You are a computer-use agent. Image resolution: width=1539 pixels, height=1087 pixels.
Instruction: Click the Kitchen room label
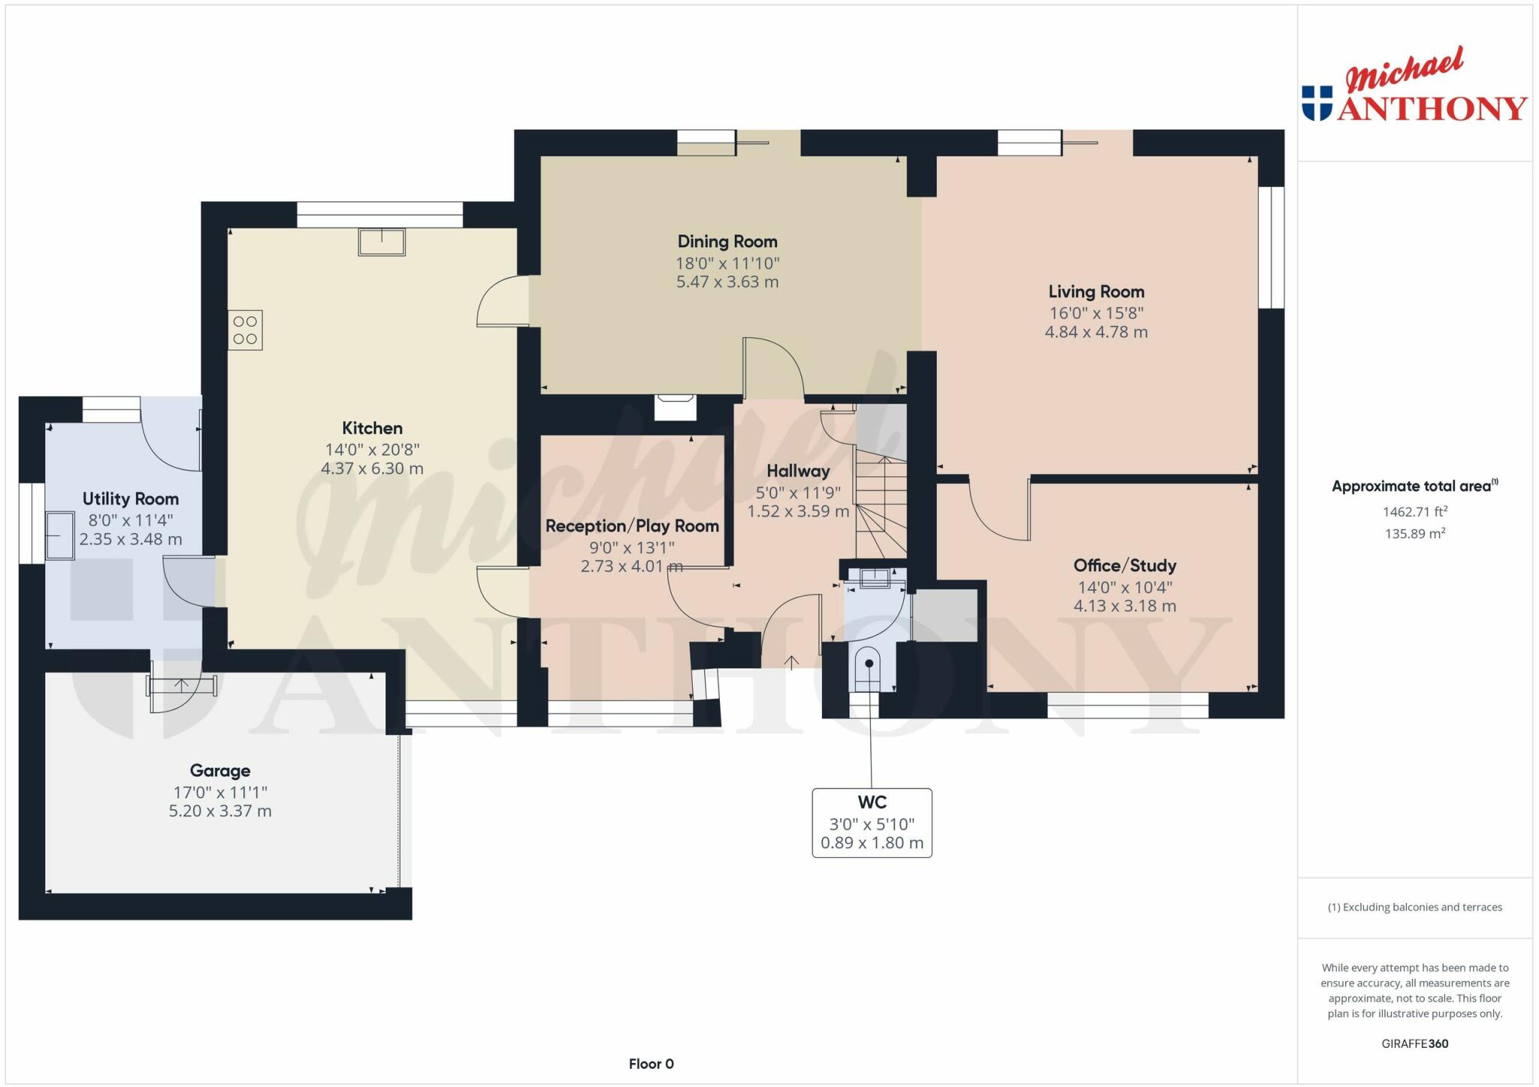click(x=372, y=428)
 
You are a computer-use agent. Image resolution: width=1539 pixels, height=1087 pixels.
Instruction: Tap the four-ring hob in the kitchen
click(x=245, y=331)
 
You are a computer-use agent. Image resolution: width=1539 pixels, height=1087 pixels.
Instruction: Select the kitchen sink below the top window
click(x=382, y=243)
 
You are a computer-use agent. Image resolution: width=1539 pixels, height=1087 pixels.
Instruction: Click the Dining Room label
click(x=727, y=242)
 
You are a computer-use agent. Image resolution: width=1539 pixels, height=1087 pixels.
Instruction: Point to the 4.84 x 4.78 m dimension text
click(x=1096, y=332)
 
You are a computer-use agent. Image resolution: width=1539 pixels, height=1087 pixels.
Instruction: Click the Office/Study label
click(x=1124, y=566)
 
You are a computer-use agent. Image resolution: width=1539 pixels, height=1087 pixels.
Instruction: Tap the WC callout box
click(x=872, y=823)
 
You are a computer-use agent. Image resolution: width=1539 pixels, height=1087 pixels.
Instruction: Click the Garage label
click(x=219, y=771)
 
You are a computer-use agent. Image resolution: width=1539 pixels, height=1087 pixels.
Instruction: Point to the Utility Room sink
click(x=60, y=536)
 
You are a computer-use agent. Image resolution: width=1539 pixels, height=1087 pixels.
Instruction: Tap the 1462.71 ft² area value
click(x=1414, y=512)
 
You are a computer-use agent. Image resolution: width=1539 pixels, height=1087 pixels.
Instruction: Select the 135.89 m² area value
click(x=1414, y=534)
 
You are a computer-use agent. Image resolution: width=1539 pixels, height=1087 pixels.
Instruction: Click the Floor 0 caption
click(x=651, y=1064)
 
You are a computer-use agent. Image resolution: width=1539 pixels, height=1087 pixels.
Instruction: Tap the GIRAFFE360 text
click(x=1414, y=1043)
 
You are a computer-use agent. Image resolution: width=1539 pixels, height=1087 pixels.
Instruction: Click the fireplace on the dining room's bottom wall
click(x=675, y=407)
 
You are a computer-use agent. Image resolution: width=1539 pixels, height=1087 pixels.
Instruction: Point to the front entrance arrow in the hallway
click(x=791, y=662)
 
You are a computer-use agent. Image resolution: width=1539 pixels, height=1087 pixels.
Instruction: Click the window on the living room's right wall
click(x=1271, y=247)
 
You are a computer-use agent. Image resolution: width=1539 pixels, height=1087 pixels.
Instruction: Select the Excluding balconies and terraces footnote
click(x=1414, y=907)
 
